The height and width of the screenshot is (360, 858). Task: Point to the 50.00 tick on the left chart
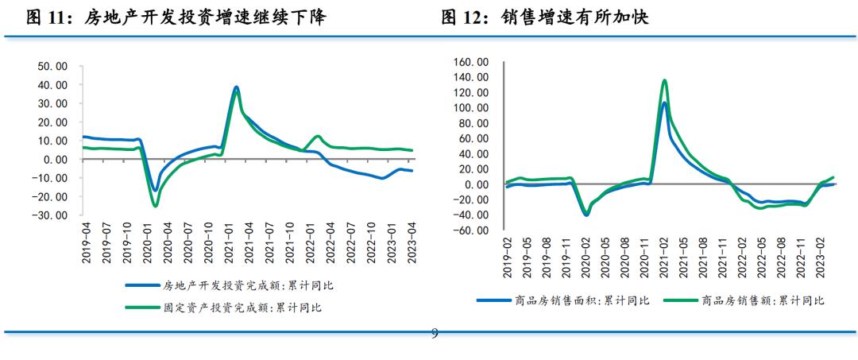click(x=52, y=66)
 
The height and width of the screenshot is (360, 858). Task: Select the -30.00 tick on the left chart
click(x=51, y=215)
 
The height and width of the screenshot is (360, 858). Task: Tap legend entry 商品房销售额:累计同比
click(x=763, y=300)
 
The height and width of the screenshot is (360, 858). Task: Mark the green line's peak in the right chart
click(x=664, y=80)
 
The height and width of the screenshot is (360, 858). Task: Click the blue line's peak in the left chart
click(x=236, y=87)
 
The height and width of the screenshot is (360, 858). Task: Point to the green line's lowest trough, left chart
click(x=156, y=206)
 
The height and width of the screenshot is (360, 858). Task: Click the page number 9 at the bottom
click(x=434, y=334)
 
